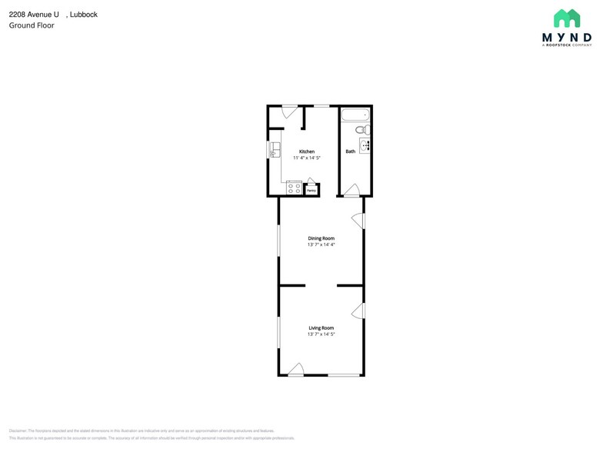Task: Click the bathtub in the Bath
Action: point(355,116)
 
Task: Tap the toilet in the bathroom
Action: point(362,130)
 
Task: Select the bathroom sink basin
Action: point(365,145)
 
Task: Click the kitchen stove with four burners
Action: point(294,187)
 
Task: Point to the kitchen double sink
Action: point(274,151)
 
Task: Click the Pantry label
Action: point(311,189)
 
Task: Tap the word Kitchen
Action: point(307,151)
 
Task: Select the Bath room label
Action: point(351,151)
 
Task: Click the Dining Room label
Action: point(321,238)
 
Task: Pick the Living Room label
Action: point(321,327)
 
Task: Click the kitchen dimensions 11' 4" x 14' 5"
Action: point(307,158)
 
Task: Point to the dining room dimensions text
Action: point(321,245)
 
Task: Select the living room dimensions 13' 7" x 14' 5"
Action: point(321,334)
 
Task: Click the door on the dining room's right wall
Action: point(358,221)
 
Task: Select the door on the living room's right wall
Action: point(358,311)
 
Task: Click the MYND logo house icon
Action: point(567,18)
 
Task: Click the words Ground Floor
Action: point(32,25)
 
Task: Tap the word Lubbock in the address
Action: point(85,14)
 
